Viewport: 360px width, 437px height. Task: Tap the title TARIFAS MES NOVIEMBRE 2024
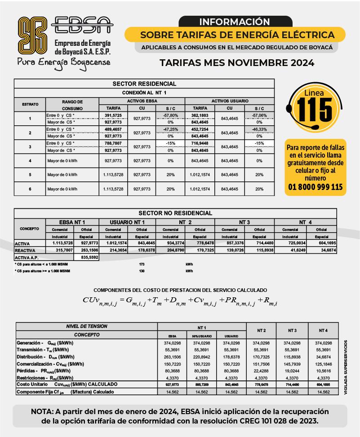coord(237,63)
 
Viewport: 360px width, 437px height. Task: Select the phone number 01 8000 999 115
coord(315,187)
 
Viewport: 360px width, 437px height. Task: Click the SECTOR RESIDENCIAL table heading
coord(144,84)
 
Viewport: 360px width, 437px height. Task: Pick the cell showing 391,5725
coord(114,115)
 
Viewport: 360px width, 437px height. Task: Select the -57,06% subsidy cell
coord(259,115)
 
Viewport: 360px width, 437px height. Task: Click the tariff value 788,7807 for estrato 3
coord(114,144)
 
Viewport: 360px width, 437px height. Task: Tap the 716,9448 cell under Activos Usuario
coord(200,144)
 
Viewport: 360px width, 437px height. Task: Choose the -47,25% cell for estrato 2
coord(170,129)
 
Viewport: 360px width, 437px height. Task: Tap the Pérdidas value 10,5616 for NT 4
coord(323,371)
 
